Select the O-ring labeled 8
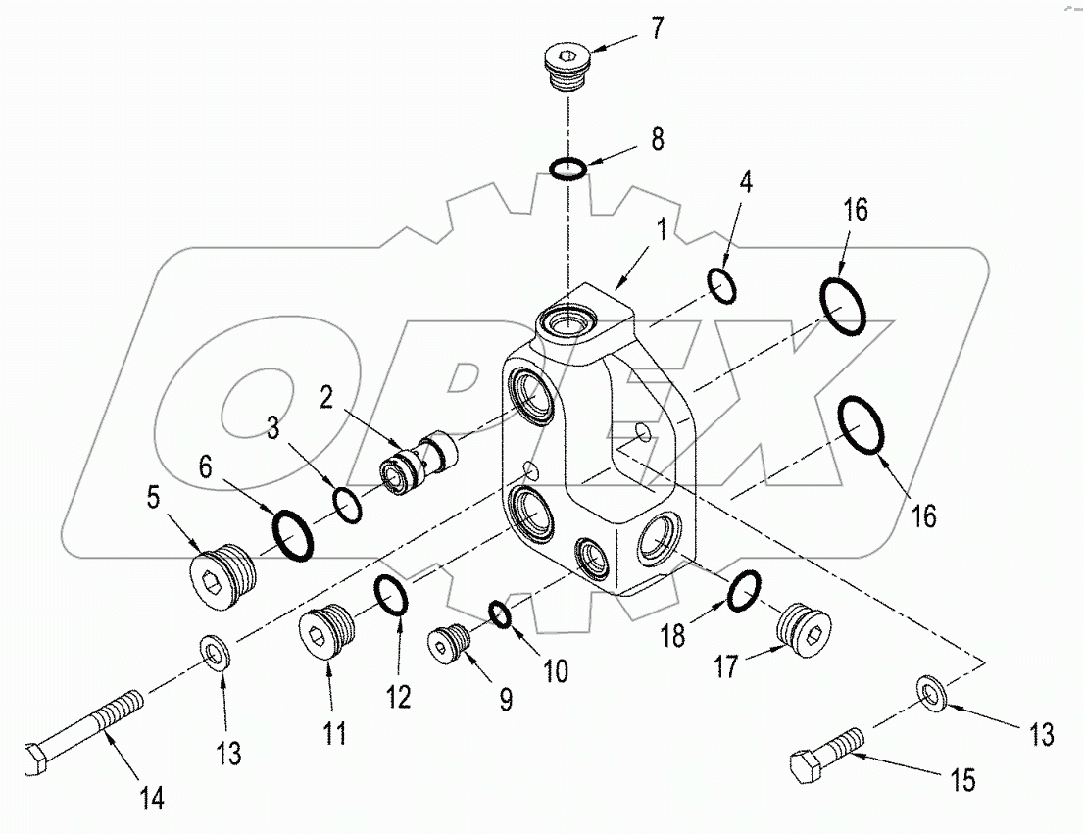568,169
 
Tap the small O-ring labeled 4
723,285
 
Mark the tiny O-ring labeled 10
500,614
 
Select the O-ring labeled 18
745,589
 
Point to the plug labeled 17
804,626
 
